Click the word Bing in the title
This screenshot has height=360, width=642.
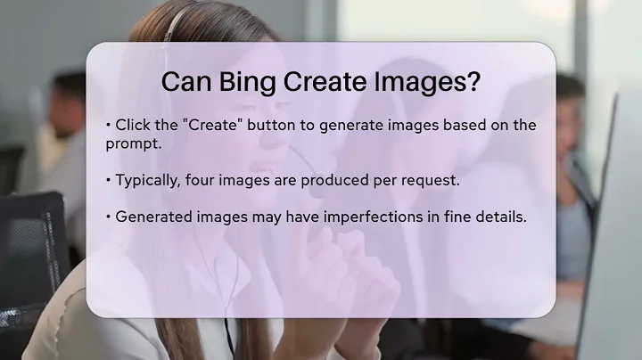(x=248, y=82)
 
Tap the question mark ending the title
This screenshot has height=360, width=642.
(x=475, y=82)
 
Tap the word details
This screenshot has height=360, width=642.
(x=498, y=216)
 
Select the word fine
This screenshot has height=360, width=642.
(x=448, y=216)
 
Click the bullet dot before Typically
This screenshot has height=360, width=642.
(x=108, y=181)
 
